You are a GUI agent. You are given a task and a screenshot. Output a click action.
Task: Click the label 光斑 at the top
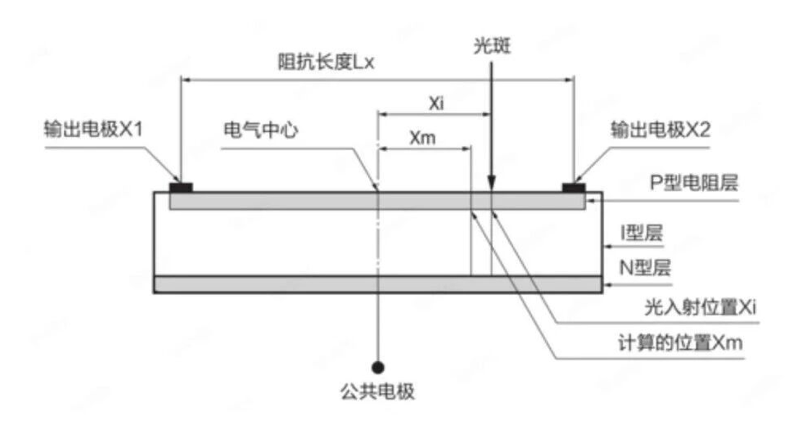tap(492, 46)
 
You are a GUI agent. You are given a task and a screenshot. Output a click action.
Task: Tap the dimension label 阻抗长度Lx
tap(326, 62)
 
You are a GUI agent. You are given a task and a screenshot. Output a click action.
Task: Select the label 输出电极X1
tap(94, 129)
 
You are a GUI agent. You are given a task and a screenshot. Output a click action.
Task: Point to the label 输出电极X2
tap(660, 130)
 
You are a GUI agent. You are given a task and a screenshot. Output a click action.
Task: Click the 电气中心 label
tap(261, 130)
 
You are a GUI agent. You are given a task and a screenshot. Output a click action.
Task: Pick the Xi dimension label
tap(437, 103)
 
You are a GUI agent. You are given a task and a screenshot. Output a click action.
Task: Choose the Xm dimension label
tap(422, 137)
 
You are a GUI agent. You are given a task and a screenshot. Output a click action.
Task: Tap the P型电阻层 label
tap(694, 182)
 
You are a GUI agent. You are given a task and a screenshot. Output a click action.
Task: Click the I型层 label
tap(641, 232)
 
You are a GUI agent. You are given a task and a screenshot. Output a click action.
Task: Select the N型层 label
tap(645, 267)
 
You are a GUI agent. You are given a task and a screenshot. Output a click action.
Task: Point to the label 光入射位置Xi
tap(700, 307)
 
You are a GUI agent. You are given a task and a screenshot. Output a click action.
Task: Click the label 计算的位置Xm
tap(681, 343)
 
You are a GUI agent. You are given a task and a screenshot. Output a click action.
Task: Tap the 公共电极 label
tap(378, 391)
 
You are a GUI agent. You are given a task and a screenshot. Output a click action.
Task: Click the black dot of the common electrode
tap(378, 368)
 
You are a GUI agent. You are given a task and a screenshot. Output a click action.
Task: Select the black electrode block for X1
tap(180, 188)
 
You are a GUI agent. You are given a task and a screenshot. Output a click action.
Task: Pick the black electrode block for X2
tap(574, 188)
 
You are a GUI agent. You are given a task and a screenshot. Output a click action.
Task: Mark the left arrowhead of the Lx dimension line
tap(186, 79)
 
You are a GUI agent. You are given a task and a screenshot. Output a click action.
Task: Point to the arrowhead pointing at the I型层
tap(608, 247)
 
